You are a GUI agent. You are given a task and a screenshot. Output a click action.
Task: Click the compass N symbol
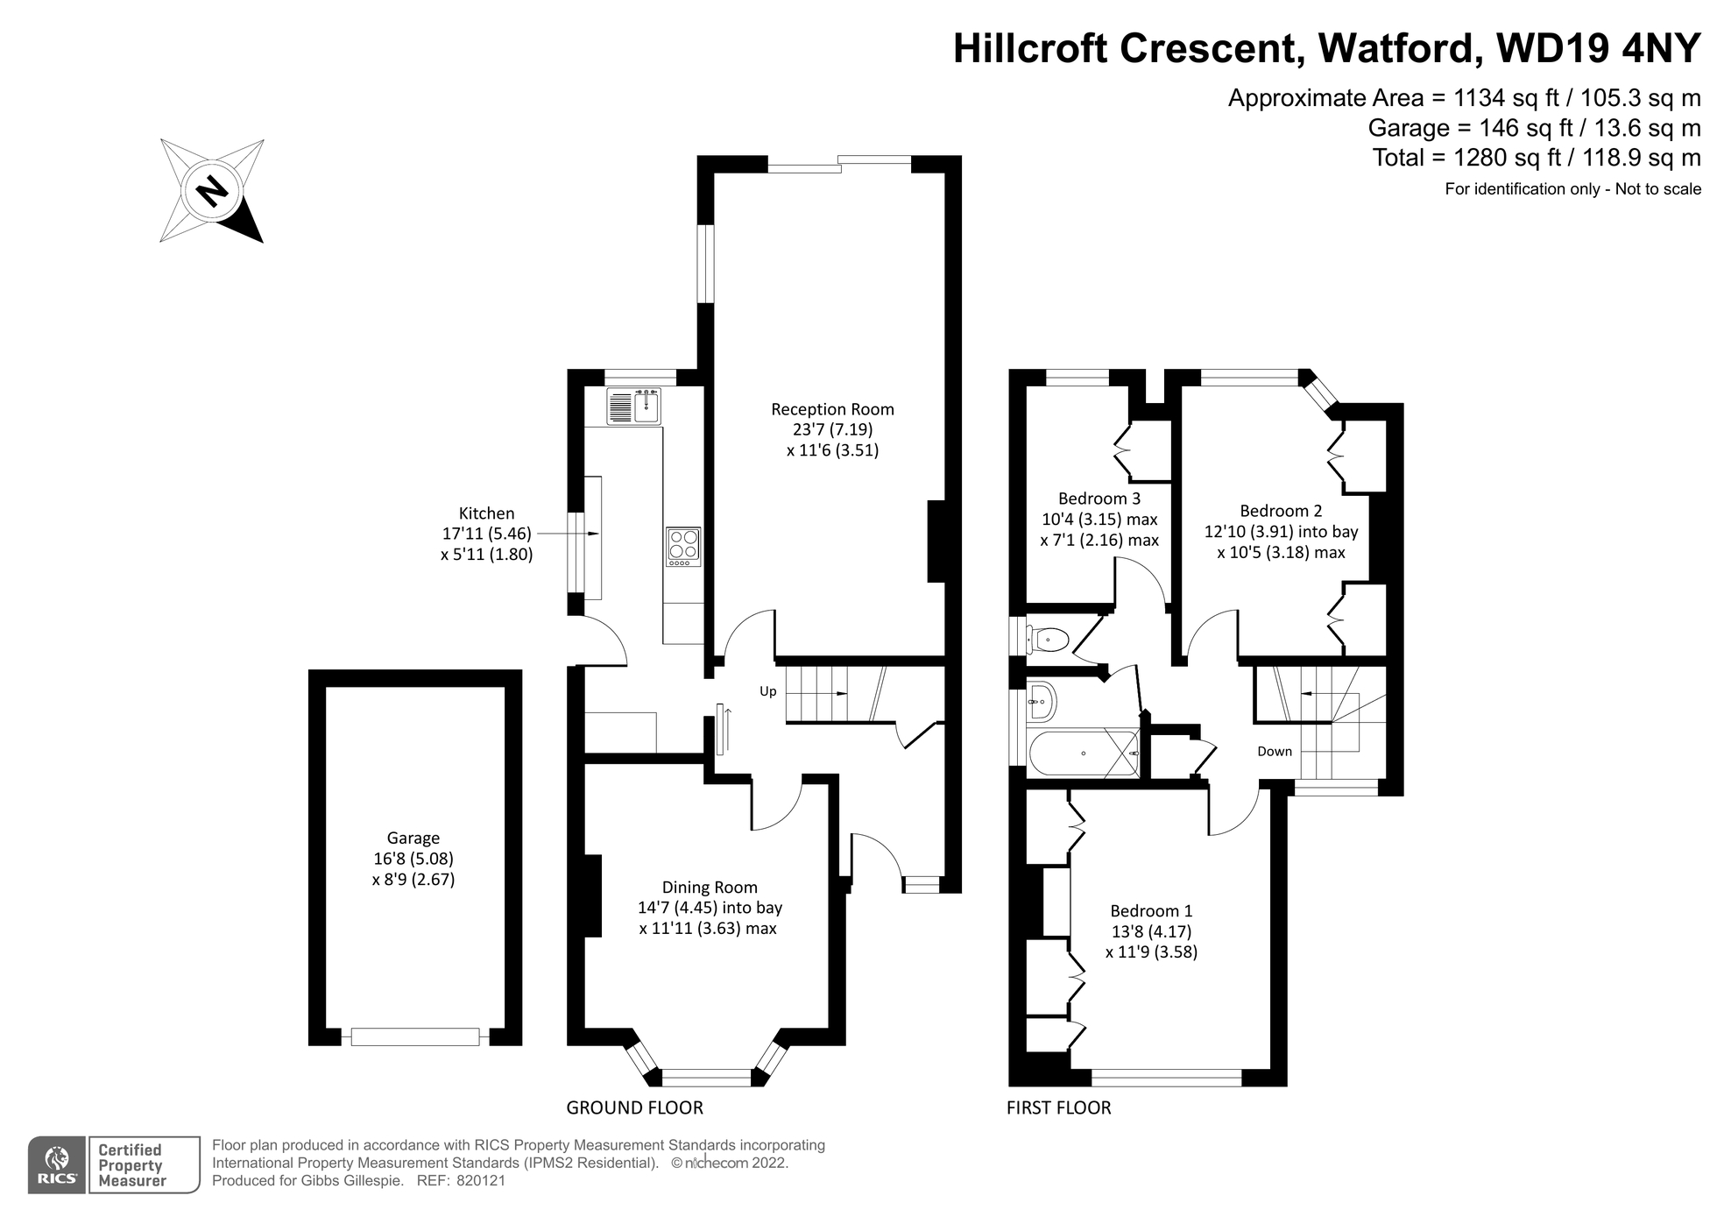pos(211,190)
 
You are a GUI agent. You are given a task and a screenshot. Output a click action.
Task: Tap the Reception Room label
pos(832,409)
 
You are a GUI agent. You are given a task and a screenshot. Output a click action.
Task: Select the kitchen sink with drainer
pos(634,407)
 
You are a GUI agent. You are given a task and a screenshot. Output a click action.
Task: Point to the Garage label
pos(413,838)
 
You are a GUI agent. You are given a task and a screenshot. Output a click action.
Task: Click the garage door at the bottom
pos(415,1037)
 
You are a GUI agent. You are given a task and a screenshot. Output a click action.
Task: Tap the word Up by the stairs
pos(767,691)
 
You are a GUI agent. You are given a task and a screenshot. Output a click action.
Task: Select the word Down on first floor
pos(1274,752)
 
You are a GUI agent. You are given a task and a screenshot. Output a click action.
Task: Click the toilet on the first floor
pos(1047,639)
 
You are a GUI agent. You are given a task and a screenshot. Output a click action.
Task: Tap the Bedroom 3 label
pos(1099,499)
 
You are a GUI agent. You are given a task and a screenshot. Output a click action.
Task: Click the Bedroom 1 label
pos(1151,911)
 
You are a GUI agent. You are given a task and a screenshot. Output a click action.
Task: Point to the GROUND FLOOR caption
pos(634,1107)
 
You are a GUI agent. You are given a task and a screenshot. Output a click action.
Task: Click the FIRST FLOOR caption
pos(1058,1107)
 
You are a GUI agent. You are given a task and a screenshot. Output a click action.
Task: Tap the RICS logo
pos(57,1165)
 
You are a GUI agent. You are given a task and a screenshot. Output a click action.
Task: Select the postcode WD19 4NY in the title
pos(1599,48)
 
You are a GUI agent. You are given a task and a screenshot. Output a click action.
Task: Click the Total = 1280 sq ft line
pos(1536,158)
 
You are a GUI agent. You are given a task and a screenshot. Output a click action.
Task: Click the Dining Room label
pos(710,888)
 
